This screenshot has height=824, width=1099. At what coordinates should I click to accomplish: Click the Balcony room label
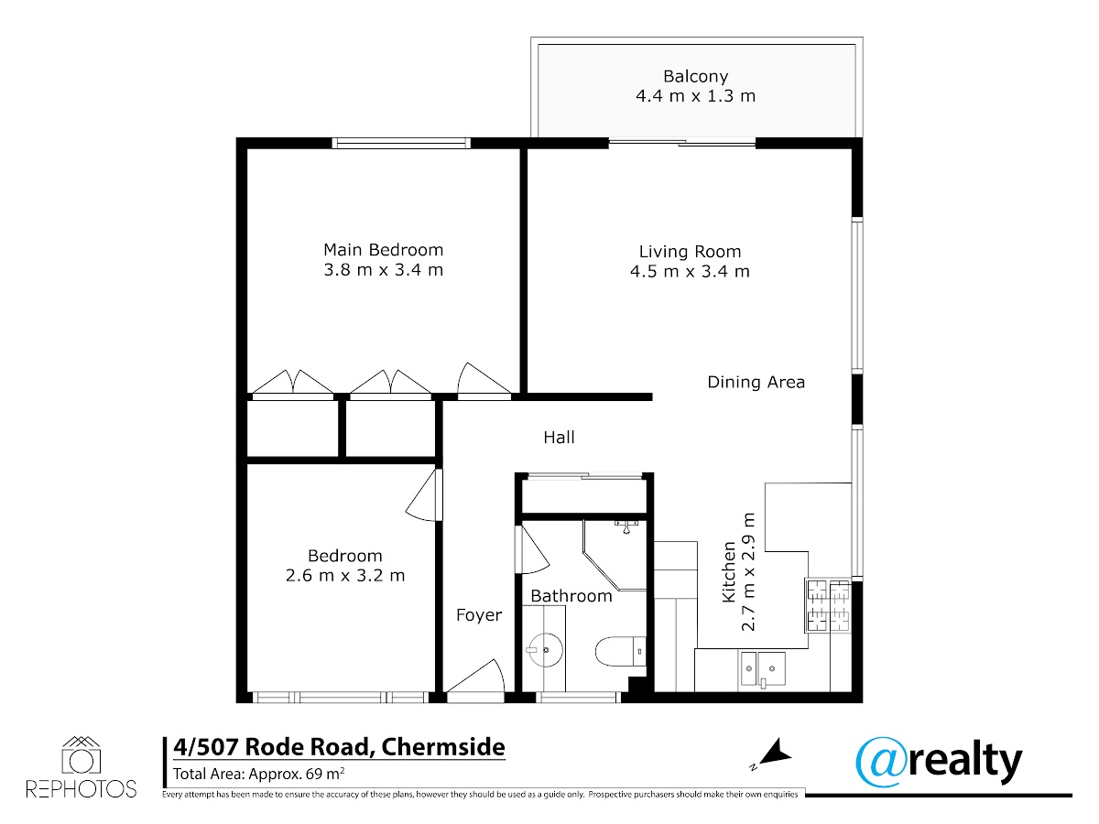click(x=695, y=77)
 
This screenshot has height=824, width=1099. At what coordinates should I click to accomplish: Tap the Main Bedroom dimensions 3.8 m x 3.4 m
click(x=384, y=270)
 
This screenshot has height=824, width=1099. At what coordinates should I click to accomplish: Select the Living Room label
click(x=690, y=251)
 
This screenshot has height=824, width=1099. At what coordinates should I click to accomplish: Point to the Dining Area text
click(x=756, y=382)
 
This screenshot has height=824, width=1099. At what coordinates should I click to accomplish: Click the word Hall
click(x=559, y=438)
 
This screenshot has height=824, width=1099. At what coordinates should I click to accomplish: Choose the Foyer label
click(x=479, y=615)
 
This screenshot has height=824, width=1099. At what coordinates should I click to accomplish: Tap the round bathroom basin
click(x=545, y=650)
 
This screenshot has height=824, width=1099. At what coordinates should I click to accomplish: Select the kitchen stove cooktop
click(x=828, y=605)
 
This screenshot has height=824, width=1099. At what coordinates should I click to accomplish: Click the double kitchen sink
click(x=763, y=669)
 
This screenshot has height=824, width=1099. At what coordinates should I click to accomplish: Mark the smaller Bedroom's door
click(x=424, y=494)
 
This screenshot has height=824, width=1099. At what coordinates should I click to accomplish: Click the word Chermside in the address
click(x=442, y=747)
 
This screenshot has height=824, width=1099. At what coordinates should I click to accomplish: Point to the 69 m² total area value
click(x=325, y=774)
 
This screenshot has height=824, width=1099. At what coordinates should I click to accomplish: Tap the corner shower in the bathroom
click(x=615, y=556)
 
